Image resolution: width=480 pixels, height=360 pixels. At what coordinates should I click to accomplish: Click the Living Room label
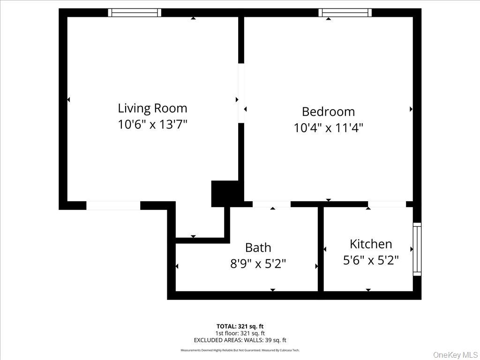pos(152,108)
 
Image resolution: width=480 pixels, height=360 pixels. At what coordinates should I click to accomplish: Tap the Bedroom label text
pos(328,112)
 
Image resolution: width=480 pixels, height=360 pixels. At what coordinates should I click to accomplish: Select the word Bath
pos(258,247)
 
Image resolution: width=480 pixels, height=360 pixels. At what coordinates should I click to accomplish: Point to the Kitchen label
pos(371,244)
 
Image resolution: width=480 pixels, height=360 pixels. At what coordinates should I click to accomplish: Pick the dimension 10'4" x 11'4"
pos(328,127)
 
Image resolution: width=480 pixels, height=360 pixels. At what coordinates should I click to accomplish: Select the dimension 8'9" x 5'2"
pos(258,264)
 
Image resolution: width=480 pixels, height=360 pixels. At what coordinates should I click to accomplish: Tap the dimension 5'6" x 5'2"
pos(371,260)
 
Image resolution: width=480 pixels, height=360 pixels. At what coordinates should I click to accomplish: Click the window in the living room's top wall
pos(135,13)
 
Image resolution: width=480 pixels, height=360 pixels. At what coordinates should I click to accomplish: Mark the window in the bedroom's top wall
pos(345,13)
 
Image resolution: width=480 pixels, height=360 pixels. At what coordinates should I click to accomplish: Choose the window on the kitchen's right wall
pos(417,249)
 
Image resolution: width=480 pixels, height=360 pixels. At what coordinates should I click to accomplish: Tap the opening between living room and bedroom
pos(241,93)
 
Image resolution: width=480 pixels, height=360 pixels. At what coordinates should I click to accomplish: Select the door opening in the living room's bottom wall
pos(113,205)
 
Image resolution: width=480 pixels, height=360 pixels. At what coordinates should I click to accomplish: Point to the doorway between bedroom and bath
pos(271,204)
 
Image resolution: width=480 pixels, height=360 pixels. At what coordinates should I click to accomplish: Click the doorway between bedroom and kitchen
pos(387,204)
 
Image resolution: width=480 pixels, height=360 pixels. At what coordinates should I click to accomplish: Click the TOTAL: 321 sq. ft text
pos(240,326)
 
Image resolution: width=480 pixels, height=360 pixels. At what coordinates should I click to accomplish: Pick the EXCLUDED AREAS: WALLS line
pos(240,340)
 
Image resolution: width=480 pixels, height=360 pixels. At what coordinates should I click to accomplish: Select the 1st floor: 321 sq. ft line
pos(240,333)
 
